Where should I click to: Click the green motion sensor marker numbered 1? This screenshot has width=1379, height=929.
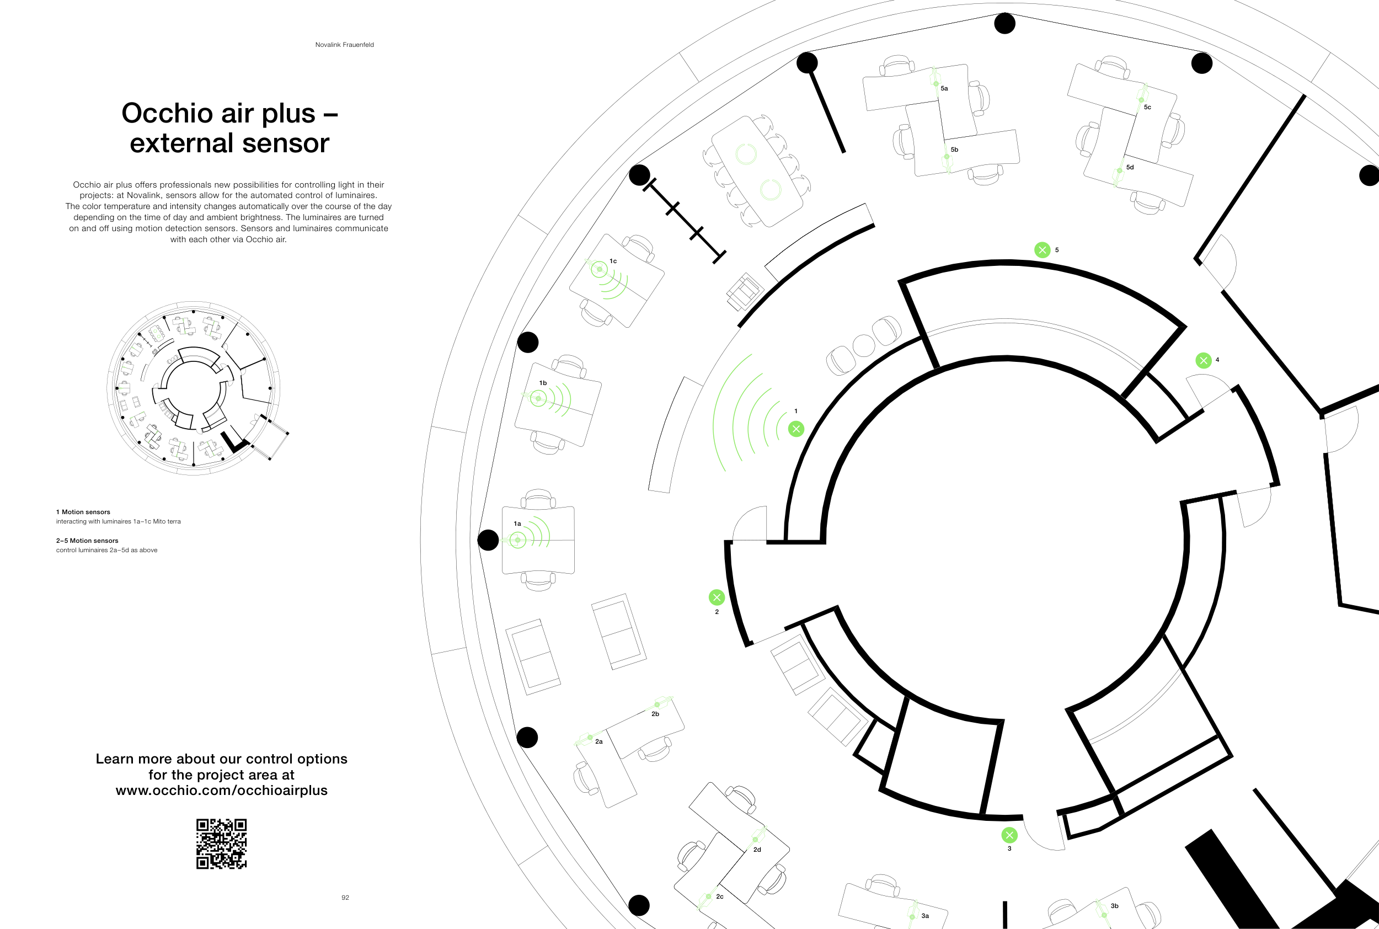click(x=796, y=429)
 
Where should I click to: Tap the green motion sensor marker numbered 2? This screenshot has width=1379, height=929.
click(x=717, y=597)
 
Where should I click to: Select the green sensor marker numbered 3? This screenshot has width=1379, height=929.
click(x=1009, y=835)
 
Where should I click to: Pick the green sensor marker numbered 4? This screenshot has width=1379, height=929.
click(x=1204, y=360)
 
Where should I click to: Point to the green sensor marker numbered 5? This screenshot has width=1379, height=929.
click(x=1043, y=250)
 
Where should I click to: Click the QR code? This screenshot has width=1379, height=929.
click(x=222, y=844)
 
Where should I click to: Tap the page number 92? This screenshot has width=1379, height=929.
click(x=345, y=898)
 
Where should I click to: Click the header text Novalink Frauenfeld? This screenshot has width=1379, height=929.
click(x=345, y=45)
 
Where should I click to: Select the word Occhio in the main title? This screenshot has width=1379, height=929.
click(x=167, y=113)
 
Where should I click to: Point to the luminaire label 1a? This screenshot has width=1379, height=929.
click(x=517, y=524)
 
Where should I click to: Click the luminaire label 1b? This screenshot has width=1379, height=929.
click(x=543, y=383)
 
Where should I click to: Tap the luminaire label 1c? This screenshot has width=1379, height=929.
click(x=613, y=261)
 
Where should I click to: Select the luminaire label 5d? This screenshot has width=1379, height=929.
click(x=1130, y=167)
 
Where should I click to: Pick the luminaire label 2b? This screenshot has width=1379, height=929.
click(x=655, y=714)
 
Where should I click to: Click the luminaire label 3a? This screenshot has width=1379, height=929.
click(x=925, y=916)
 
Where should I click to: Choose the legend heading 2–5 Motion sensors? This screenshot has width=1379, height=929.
click(x=87, y=540)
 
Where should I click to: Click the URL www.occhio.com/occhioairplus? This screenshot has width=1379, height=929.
click(x=222, y=791)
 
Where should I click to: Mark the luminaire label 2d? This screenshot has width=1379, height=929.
click(x=757, y=850)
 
